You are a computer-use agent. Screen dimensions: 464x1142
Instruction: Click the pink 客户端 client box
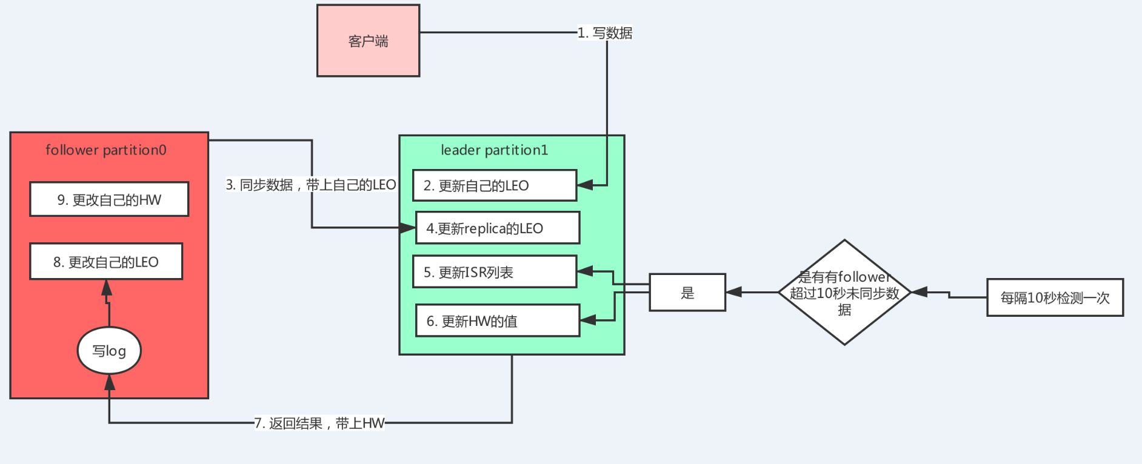(x=368, y=41)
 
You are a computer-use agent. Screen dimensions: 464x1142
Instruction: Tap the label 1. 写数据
(x=604, y=33)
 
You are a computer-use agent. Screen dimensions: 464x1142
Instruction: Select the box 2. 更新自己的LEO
(x=494, y=185)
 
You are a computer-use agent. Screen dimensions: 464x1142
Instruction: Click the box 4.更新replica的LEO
(x=497, y=228)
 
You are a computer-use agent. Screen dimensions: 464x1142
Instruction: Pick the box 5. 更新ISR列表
(x=494, y=272)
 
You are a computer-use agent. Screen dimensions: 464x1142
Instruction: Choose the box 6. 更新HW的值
(x=497, y=320)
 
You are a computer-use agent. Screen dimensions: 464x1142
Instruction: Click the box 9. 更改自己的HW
(x=109, y=199)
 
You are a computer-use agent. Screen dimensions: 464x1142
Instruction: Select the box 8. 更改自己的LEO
(x=106, y=262)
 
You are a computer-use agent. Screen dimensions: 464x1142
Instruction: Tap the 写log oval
(x=109, y=351)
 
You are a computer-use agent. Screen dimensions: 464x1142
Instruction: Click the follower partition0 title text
(x=106, y=150)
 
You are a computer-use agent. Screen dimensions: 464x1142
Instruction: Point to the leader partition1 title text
(x=494, y=150)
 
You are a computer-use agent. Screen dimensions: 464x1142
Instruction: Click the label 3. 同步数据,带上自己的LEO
(x=310, y=185)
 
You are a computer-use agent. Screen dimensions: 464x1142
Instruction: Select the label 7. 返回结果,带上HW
(x=319, y=423)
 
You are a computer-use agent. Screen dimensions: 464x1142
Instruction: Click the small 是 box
(x=687, y=293)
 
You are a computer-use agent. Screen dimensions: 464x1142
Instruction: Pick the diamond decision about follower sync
(x=844, y=293)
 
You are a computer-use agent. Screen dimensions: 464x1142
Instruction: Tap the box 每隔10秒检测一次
(x=1055, y=297)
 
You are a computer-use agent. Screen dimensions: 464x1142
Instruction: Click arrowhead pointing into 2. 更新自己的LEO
(x=584, y=185)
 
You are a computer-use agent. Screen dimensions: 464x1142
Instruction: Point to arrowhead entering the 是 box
(x=734, y=292)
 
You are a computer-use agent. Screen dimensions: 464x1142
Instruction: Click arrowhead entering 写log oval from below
(x=109, y=382)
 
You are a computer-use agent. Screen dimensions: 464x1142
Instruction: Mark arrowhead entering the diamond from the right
(x=920, y=292)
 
